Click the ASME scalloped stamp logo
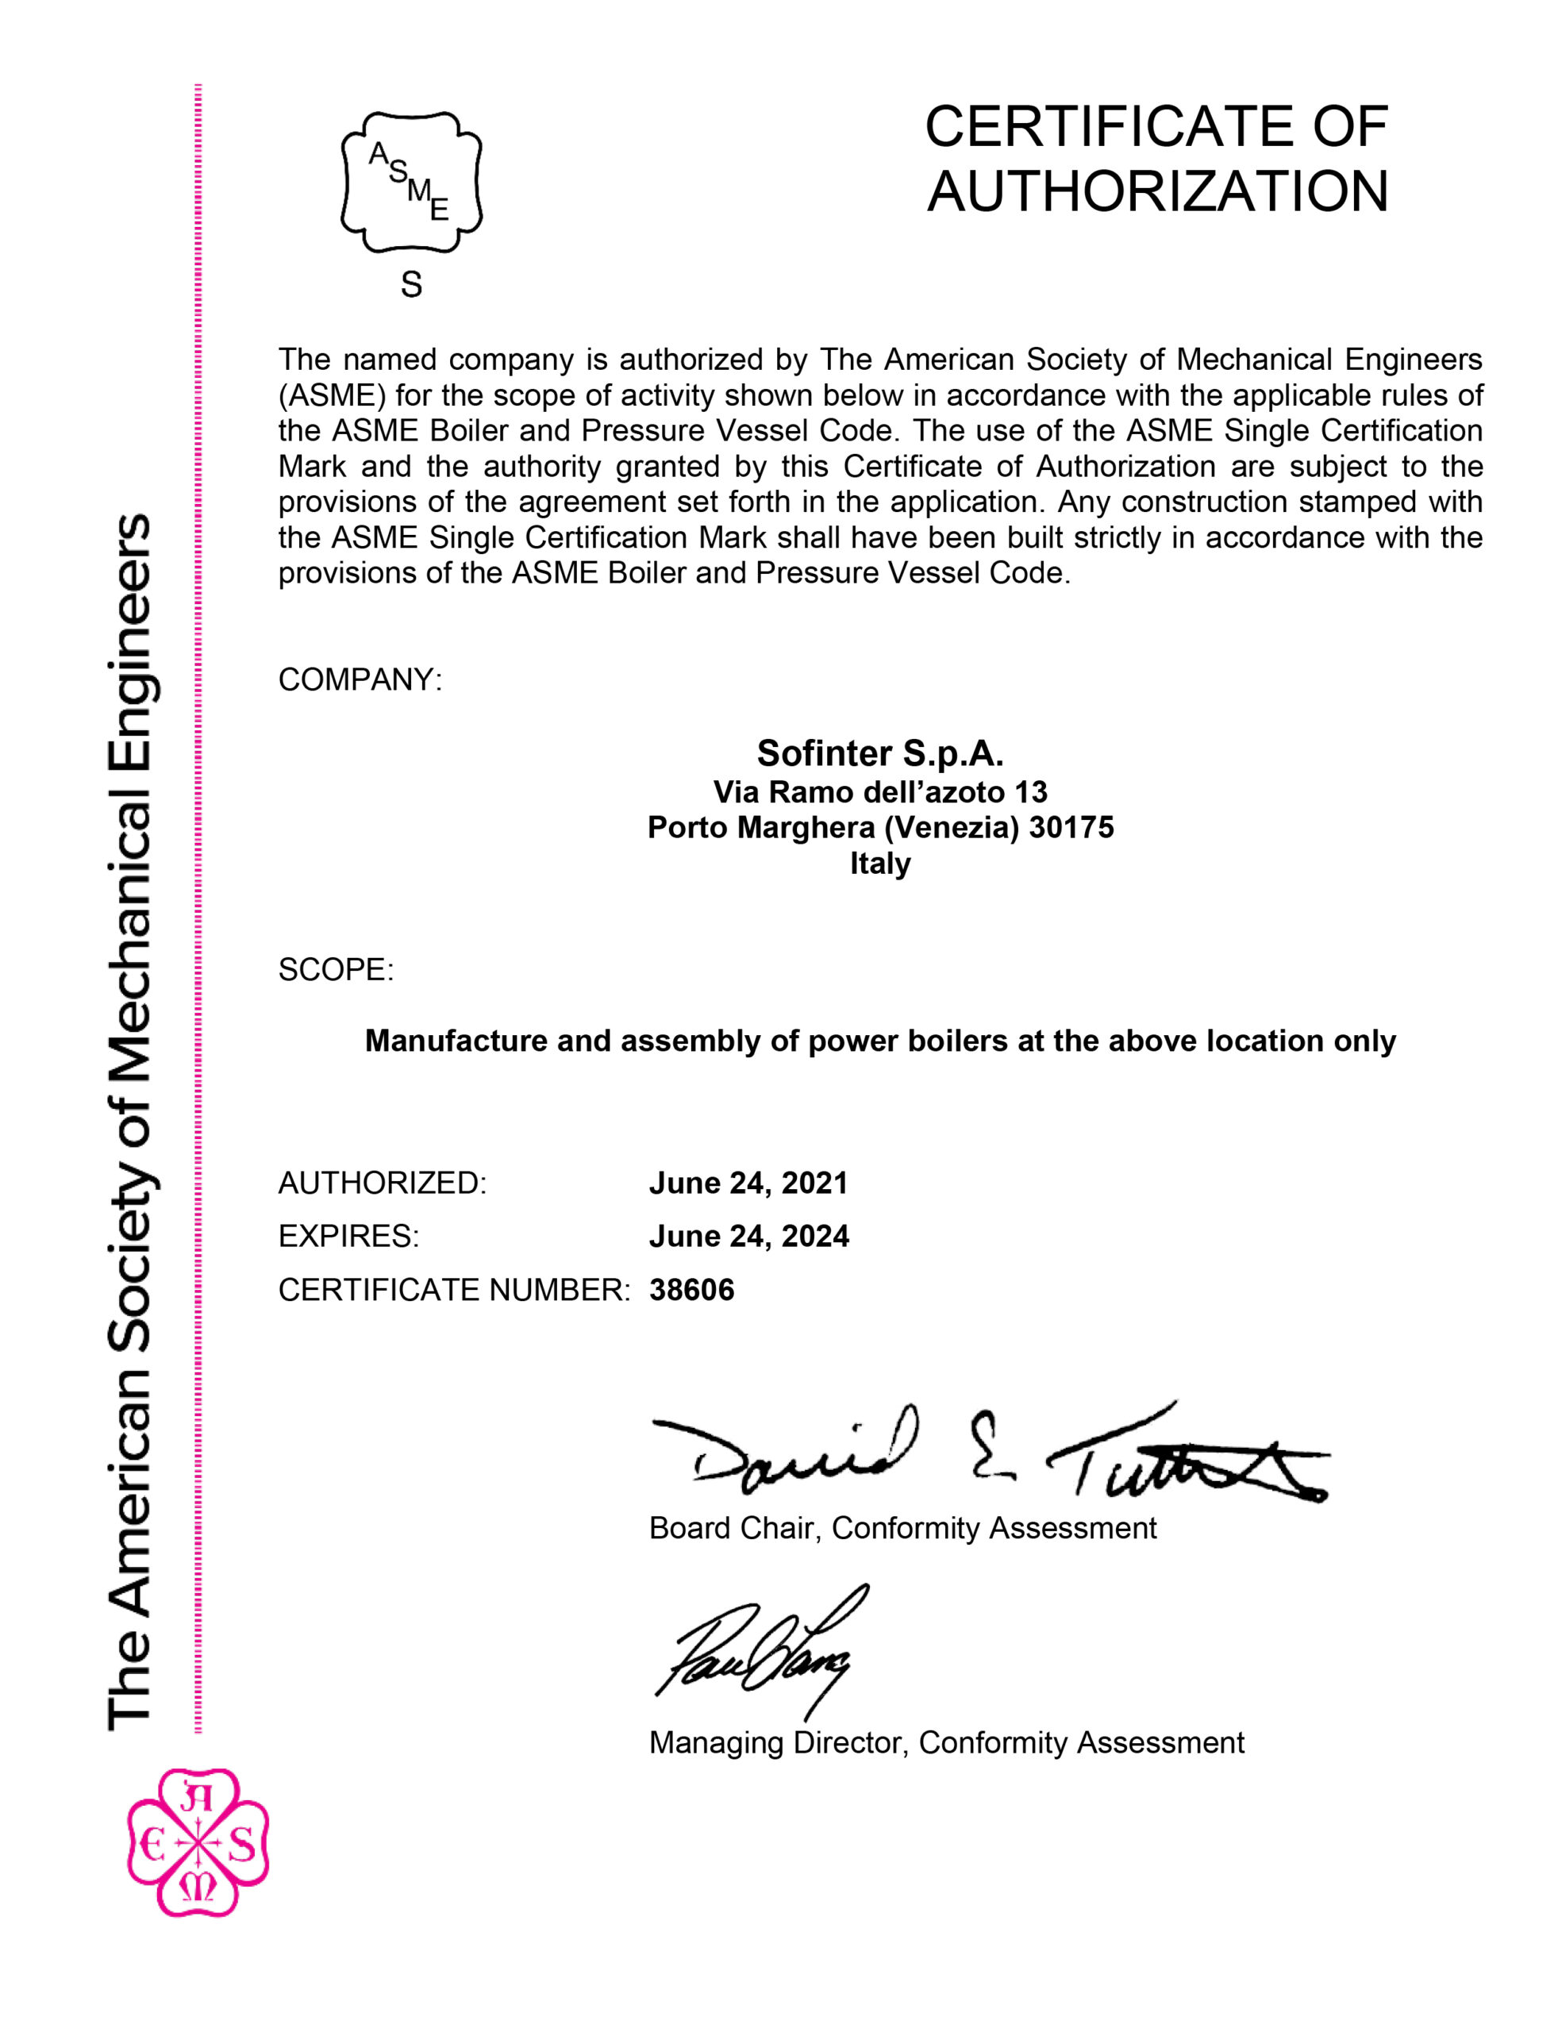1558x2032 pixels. [411, 182]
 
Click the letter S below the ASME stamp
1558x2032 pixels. [411, 285]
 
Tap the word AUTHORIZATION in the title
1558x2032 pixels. [1157, 192]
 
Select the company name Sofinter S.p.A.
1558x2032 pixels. [880, 753]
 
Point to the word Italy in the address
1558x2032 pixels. [880, 864]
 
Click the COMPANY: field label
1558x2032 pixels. [360, 679]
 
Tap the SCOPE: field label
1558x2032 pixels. [336, 970]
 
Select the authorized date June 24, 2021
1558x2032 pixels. [748, 1183]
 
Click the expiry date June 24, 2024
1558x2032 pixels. [748, 1236]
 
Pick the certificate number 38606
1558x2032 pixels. [692, 1290]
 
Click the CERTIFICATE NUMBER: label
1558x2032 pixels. [453, 1290]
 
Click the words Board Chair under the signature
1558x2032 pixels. [732, 1529]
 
